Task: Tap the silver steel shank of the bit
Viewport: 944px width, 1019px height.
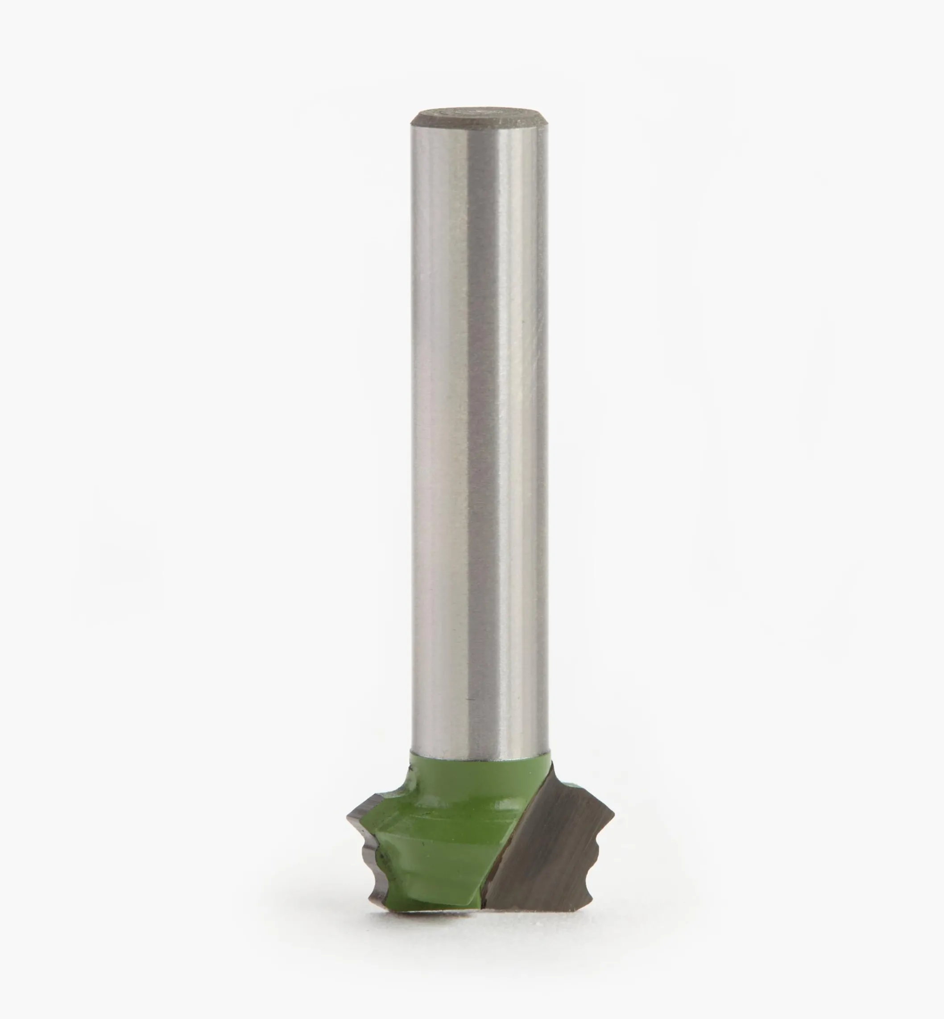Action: [479, 434]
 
